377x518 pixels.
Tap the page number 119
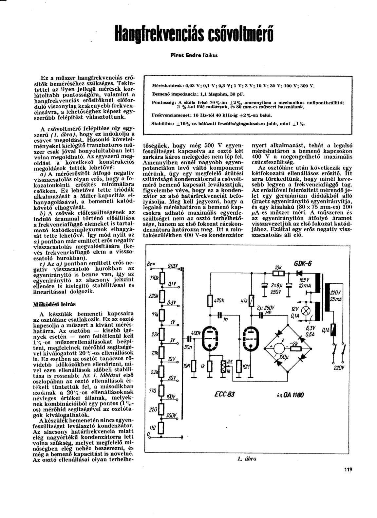[x=348, y=470]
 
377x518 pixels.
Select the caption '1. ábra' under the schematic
[x=246, y=458]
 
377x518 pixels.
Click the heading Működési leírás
[x=55, y=304]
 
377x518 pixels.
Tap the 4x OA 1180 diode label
[x=291, y=394]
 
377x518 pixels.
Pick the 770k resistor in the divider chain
[x=161, y=277]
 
